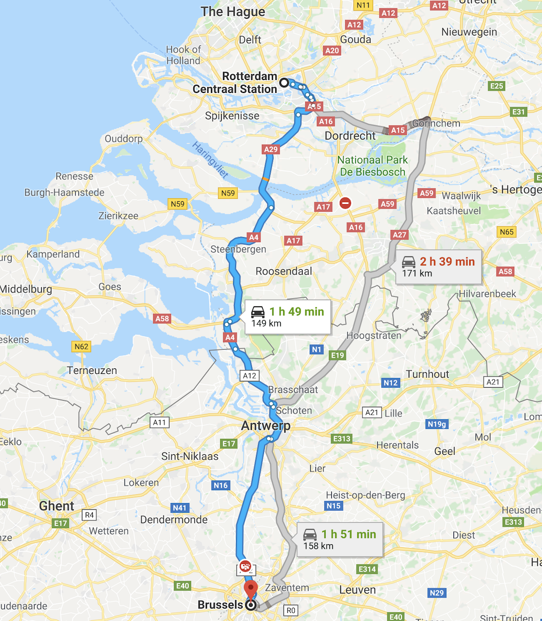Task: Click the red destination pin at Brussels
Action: tap(250, 589)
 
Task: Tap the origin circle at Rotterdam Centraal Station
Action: tap(284, 82)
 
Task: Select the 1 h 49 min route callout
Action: tap(288, 317)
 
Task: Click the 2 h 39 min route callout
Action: tap(439, 267)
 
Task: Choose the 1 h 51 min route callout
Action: tap(340, 540)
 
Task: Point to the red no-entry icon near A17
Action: tap(345, 203)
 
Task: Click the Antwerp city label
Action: tap(266, 425)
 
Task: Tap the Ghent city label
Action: tap(56, 506)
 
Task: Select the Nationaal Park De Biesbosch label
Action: tap(373, 166)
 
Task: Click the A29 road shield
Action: tap(271, 149)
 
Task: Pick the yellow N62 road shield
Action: tap(81, 346)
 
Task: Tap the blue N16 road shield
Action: tap(221, 485)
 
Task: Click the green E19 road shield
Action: tap(338, 355)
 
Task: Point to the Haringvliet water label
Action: tap(210, 160)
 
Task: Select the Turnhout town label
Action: tap(428, 374)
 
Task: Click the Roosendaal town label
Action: tap(284, 271)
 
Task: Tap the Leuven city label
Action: tap(357, 590)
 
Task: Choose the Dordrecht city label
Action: tap(350, 136)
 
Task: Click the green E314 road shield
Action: tap(367, 569)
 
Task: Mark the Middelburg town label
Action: tap(26, 289)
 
